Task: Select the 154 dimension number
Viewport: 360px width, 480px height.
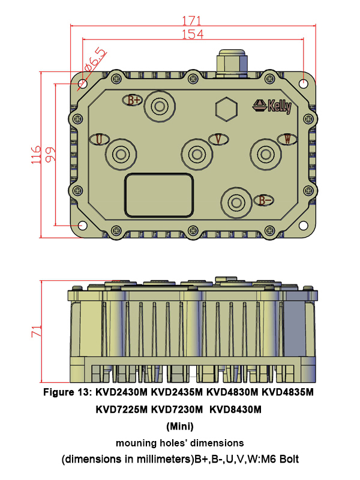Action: click(192, 34)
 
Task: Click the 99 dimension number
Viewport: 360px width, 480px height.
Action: click(50, 154)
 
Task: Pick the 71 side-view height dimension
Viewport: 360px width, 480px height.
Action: click(36, 331)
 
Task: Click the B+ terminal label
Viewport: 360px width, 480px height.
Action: click(134, 100)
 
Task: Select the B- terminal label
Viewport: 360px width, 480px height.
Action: click(264, 200)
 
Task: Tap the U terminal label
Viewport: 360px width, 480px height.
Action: click(99, 139)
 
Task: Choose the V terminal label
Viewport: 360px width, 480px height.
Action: click(218, 139)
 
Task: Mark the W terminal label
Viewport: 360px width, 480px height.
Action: click(288, 139)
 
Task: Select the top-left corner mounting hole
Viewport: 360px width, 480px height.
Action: click(81, 84)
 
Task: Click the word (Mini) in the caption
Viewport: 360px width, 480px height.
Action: click(179, 427)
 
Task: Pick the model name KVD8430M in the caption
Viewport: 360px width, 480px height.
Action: click(238, 410)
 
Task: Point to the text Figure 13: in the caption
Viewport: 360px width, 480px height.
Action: click(69, 393)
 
